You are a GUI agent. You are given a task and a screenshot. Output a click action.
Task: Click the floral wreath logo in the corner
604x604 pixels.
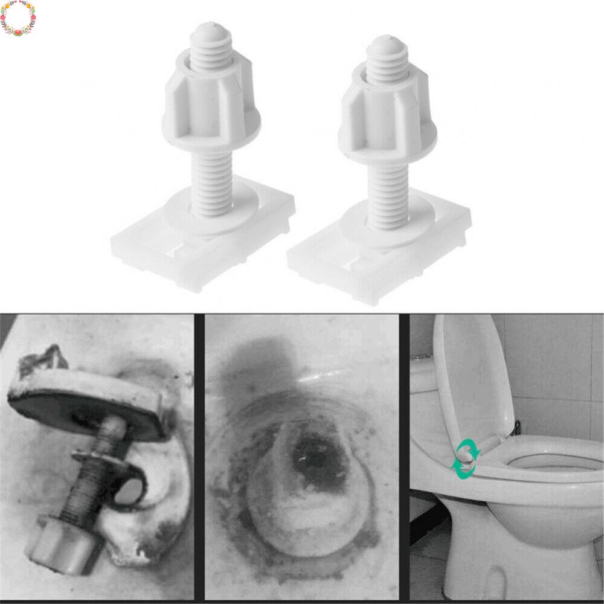[x=18, y=18]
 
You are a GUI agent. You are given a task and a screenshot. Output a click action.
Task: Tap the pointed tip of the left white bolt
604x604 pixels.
[x=207, y=27]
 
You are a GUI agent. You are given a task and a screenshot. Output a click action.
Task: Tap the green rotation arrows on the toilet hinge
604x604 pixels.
[x=466, y=459]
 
